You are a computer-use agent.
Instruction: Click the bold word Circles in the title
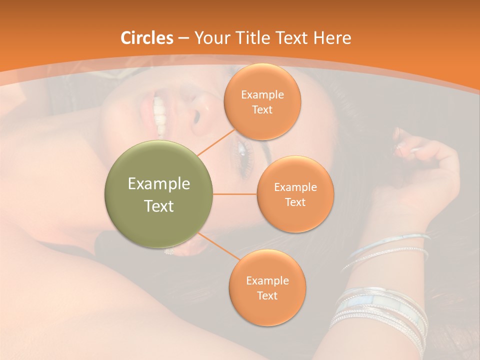(x=147, y=38)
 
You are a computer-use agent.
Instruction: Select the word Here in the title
(x=332, y=38)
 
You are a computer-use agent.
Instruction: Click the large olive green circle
(x=159, y=194)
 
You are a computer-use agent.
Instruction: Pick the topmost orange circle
(x=262, y=101)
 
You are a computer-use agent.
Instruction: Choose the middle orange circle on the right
(x=295, y=194)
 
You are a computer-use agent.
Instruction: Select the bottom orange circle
(x=267, y=287)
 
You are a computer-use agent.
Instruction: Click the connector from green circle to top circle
(x=216, y=141)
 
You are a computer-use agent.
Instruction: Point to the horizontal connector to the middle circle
(x=235, y=194)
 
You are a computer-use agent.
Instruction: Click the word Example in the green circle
(x=159, y=183)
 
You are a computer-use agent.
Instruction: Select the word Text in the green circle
(x=159, y=206)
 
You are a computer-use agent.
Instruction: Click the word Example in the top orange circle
(x=262, y=94)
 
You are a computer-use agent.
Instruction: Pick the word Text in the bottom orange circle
(x=267, y=295)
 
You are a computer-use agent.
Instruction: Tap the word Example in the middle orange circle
(x=295, y=187)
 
